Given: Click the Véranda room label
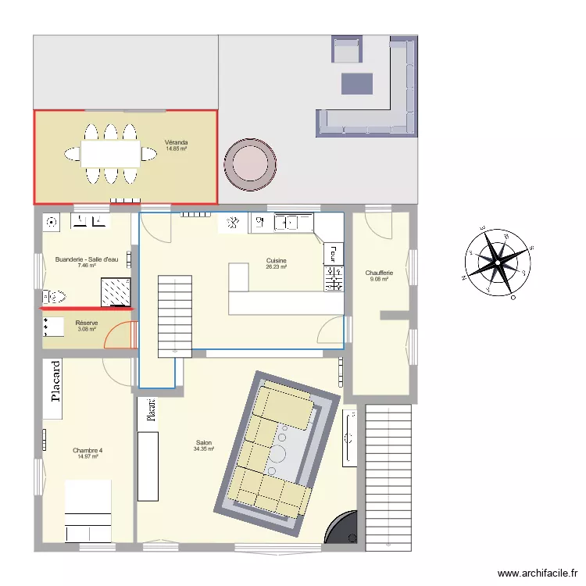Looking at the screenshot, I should click(x=175, y=142).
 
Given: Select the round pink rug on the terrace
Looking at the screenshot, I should click(x=250, y=165).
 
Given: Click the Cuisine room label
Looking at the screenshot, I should click(x=276, y=260).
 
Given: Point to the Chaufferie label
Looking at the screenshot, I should click(x=379, y=273).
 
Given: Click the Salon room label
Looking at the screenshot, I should click(x=204, y=443).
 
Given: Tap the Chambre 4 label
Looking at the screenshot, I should click(x=88, y=451).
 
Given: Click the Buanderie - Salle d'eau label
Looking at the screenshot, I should click(x=87, y=259).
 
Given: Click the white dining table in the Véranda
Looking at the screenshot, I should click(x=110, y=153).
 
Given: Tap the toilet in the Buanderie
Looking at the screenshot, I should click(x=55, y=296).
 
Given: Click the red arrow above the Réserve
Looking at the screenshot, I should click(x=87, y=309).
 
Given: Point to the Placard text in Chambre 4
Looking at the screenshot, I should click(x=55, y=381).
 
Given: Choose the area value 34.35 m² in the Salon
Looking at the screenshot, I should click(x=204, y=449).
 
